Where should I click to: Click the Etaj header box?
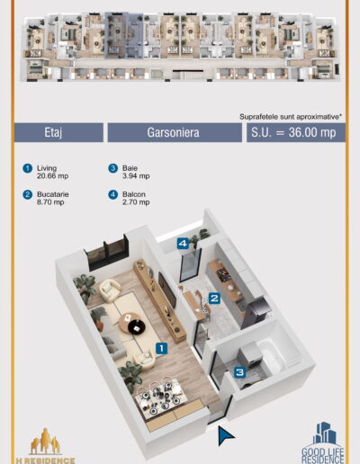[x=58, y=132]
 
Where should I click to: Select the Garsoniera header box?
[x=175, y=132]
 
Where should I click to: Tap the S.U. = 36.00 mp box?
[x=296, y=132]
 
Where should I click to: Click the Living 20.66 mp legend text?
[x=52, y=172]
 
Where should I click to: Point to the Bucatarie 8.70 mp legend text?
[x=53, y=198]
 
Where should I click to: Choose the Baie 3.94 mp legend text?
[x=136, y=172]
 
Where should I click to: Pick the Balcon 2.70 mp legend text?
[x=136, y=198]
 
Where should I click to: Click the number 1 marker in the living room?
[x=162, y=348]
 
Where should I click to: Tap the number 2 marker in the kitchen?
[x=214, y=299]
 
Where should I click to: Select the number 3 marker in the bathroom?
[x=240, y=372]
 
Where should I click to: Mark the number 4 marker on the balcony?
[x=183, y=244]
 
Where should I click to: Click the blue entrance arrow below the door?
[x=225, y=435]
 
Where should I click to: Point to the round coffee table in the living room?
[x=132, y=324]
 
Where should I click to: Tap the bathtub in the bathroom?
[x=271, y=355]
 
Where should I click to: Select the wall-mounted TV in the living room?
[x=166, y=290]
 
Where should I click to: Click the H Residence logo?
[x=45, y=446]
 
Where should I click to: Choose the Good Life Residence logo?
[x=323, y=443]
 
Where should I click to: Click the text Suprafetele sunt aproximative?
[x=291, y=117]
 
